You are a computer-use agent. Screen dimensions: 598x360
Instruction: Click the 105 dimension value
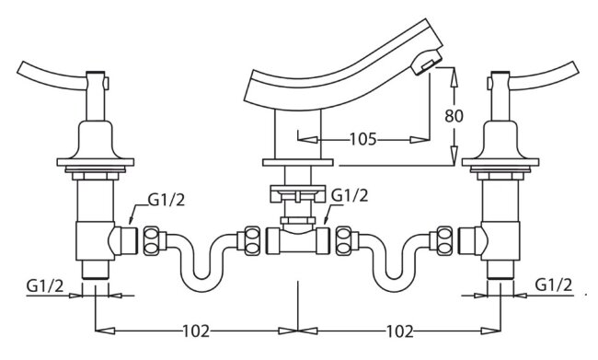(x=363, y=139)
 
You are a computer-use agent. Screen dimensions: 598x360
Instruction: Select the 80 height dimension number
(x=454, y=116)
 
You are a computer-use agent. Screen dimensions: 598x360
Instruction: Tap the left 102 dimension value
(x=196, y=331)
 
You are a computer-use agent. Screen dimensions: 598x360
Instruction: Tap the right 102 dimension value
(x=400, y=331)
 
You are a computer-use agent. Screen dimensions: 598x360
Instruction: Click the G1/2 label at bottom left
(x=45, y=286)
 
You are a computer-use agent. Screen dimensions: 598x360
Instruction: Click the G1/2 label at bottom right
(x=554, y=285)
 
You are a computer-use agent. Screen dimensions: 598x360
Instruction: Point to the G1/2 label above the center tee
(x=350, y=195)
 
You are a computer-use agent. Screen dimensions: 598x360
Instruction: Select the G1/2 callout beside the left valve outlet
(x=167, y=199)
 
